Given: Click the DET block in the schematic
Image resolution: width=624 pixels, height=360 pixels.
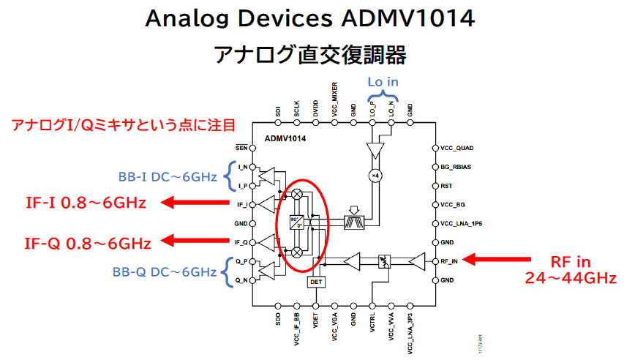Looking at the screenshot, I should pyautogui.click(x=316, y=281).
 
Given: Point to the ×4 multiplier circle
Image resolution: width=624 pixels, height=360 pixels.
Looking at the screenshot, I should pyautogui.click(x=373, y=176).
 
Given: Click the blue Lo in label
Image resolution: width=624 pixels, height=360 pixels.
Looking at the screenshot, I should pyautogui.click(x=383, y=82).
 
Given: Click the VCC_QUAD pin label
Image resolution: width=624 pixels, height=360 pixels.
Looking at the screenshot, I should pyautogui.click(x=457, y=148).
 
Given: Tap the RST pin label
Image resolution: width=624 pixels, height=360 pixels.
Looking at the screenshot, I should pyautogui.click(x=446, y=186).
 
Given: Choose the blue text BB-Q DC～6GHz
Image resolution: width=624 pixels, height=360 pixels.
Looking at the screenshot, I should pyautogui.click(x=165, y=271).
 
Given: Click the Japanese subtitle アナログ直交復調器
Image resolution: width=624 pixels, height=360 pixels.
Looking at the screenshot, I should pyautogui.click(x=310, y=54).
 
